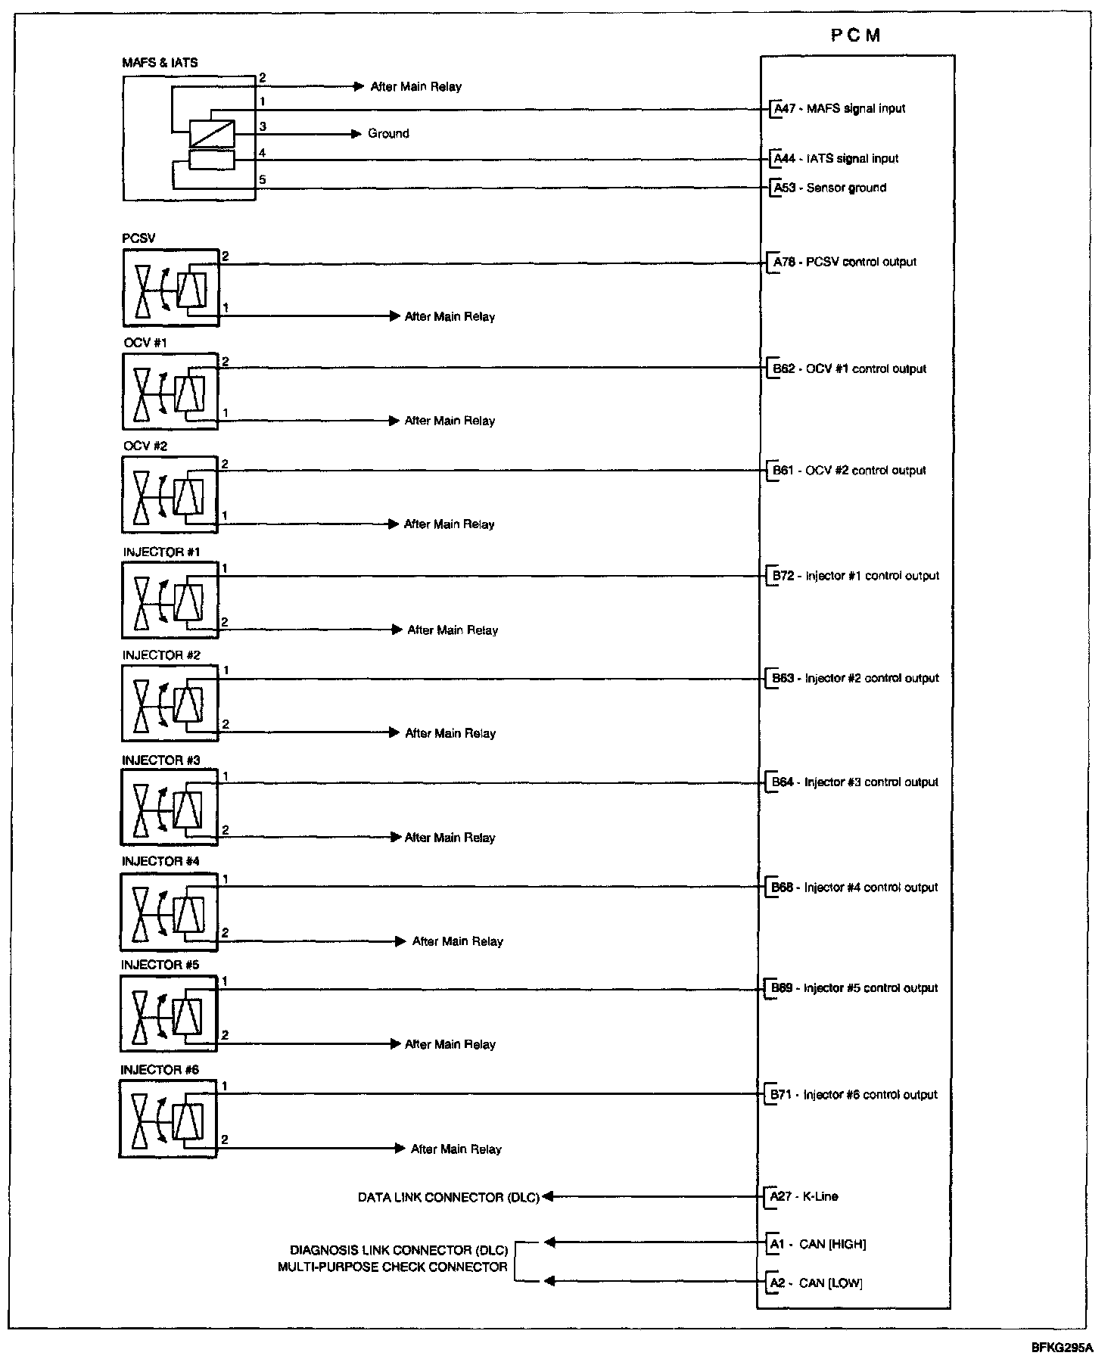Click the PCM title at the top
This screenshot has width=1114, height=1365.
(x=855, y=36)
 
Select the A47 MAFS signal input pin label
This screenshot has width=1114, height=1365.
(x=839, y=108)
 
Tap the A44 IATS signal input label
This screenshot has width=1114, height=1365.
(x=835, y=158)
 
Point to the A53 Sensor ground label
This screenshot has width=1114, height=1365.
(x=829, y=188)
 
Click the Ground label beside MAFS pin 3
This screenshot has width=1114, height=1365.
(x=388, y=133)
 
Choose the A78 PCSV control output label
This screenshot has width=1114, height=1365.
(x=844, y=262)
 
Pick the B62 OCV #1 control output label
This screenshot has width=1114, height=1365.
(x=848, y=368)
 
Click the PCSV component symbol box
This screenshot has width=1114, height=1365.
(x=170, y=288)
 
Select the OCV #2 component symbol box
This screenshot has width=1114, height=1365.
(x=170, y=495)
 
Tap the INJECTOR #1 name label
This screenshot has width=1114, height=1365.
(x=161, y=552)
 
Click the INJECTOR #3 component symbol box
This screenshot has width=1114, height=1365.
(x=169, y=807)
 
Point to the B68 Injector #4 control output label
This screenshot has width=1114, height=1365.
(x=854, y=887)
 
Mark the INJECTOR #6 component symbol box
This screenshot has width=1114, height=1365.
(x=168, y=1119)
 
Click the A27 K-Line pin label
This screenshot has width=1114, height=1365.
(x=804, y=1196)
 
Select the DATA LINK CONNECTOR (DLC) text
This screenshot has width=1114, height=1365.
(x=448, y=1197)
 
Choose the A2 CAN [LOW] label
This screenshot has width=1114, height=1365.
(x=816, y=1283)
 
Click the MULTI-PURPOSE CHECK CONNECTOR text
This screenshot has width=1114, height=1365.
(x=392, y=1267)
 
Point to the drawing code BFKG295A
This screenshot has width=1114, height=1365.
(x=1061, y=1347)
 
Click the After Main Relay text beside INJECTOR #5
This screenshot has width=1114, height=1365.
(x=450, y=1044)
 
